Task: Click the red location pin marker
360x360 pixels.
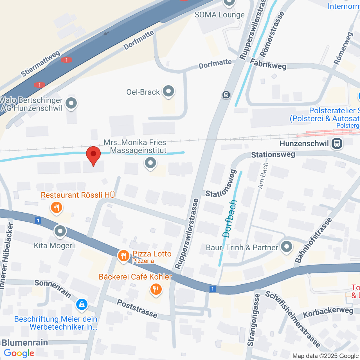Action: pyautogui.click(x=93, y=156)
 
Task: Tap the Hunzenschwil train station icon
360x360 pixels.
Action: pyautogui.click(x=337, y=143)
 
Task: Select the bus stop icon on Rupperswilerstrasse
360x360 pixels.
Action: pyautogui.click(x=226, y=95)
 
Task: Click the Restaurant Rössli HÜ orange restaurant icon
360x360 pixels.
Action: pyautogui.click(x=57, y=208)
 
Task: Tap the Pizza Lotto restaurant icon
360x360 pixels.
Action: pyautogui.click(x=123, y=256)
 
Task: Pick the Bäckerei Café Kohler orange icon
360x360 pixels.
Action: pyautogui.click(x=156, y=289)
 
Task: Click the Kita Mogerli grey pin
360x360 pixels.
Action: pyautogui.click(x=60, y=232)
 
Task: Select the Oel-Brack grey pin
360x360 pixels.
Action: pyautogui.click(x=168, y=91)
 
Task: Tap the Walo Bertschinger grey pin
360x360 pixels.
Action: pyautogui.click(x=71, y=103)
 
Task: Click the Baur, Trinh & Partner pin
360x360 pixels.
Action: pyautogui.click(x=287, y=247)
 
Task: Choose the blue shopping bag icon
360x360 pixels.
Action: pyautogui.click(x=82, y=304)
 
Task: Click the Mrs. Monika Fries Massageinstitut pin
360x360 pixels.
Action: pyautogui.click(x=150, y=163)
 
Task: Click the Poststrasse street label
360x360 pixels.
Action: pyautogui.click(x=137, y=309)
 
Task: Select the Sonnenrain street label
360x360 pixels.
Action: pyautogui.click(x=53, y=288)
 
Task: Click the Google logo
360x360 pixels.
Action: pyautogui.click(x=19, y=353)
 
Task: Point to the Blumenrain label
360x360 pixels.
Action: pyautogui.click(x=25, y=343)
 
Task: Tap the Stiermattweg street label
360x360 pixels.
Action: pyautogui.click(x=40, y=64)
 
